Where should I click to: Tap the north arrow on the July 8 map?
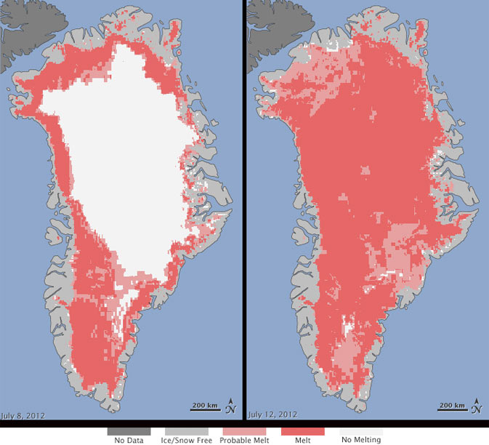[231, 405]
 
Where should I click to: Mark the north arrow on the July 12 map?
[475, 405]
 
